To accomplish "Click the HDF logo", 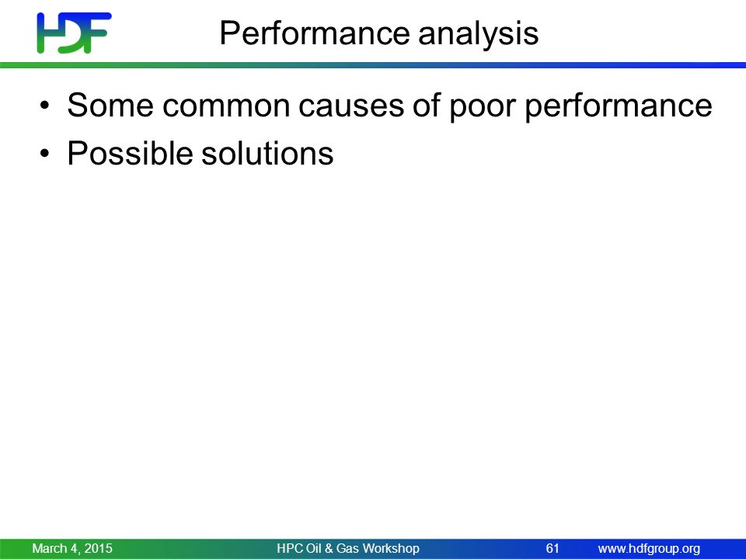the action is tap(75, 33).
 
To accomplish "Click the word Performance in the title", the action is tap(315, 33).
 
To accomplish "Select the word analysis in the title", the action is tap(478, 33).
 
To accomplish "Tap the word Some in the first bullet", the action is tap(110, 105).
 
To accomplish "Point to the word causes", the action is tap(351, 106).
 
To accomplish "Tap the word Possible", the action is tap(130, 153).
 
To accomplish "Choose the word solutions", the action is tap(267, 153).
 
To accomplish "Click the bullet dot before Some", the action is tap(45, 105).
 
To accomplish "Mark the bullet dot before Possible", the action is tap(45, 153).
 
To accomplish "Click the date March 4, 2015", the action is tap(72, 549).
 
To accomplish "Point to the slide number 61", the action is tap(553, 548).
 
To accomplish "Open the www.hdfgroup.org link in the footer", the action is tap(649, 549).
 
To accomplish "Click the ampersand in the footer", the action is tap(329, 549).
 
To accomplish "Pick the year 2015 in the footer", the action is tap(99, 548).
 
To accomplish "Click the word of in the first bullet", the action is tap(427, 105).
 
